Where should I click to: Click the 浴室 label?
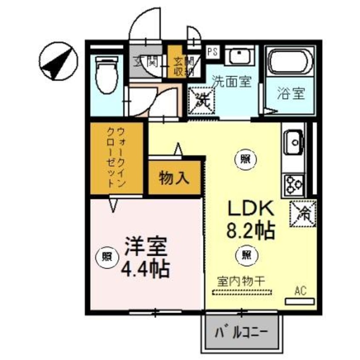click(291, 93)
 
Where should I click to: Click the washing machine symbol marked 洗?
click(202, 101)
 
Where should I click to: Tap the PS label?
click(212, 52)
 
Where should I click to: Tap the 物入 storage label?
click(174, 178)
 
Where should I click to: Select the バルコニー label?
click(241, 332)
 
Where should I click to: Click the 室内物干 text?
click(241, 281)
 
